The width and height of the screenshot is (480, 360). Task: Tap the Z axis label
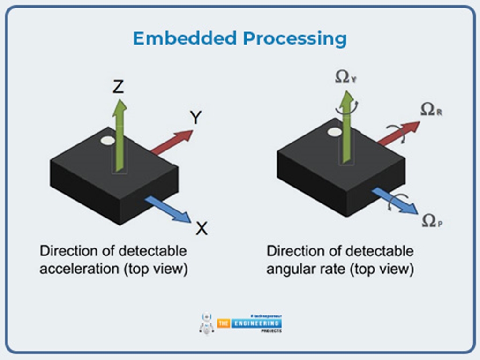click(118, 86)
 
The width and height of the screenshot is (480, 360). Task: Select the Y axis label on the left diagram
click(195, 118)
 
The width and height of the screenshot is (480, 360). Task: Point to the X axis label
click(202, 228)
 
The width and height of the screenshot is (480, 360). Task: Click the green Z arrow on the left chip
click(120, 136)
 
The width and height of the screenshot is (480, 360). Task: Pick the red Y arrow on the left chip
click(172, 142)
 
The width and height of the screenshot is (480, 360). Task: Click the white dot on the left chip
click(107, 140)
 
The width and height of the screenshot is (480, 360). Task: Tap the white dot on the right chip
click(334, 132)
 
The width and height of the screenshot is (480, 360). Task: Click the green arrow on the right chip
click(347, 127)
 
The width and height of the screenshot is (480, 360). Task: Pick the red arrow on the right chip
click(398, 133)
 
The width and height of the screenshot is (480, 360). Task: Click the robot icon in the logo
click(206, 323)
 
